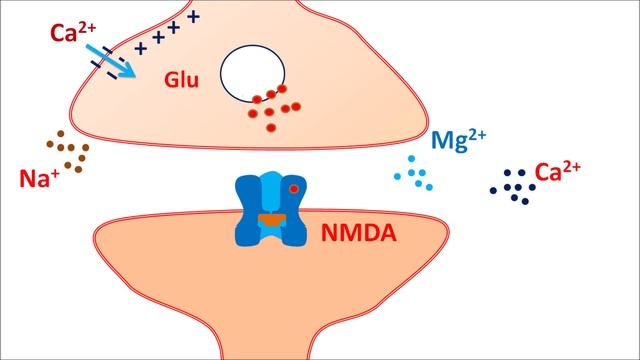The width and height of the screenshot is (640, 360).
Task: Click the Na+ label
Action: [37, 179]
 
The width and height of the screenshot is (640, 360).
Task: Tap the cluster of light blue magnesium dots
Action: [416, 174]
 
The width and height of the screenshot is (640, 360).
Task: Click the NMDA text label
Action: [357, 234]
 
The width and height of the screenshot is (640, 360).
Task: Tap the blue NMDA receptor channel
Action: [268, 210]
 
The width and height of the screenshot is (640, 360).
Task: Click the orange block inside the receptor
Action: [269, 217]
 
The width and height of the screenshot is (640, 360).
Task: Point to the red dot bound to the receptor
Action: [293, 188]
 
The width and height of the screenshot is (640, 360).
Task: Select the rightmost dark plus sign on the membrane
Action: [193, 16]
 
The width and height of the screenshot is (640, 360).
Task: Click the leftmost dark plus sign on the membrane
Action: [141, 46]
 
